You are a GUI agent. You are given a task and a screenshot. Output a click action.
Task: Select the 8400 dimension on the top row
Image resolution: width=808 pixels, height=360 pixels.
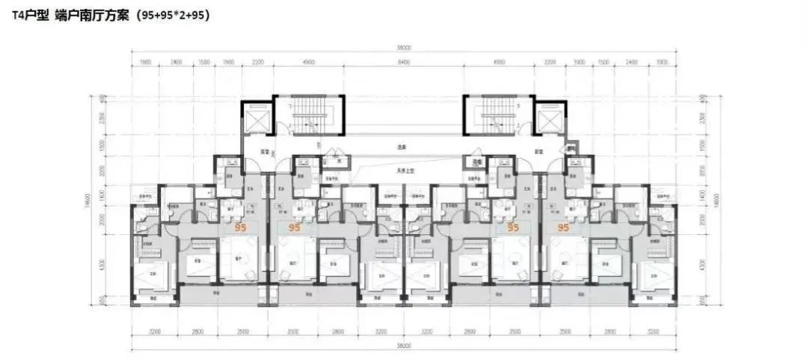pyautogui.click(x=403, y=63)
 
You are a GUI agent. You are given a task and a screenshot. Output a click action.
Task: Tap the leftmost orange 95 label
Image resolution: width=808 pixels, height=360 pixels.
pyautogui.click(x=241, y=226)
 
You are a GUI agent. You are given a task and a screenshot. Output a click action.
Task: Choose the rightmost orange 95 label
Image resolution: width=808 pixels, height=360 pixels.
pyautogui.click(x=563, y=226)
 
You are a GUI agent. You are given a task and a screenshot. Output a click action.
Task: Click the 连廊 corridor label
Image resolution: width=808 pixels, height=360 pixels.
pyautogui.click(x=404, y=147)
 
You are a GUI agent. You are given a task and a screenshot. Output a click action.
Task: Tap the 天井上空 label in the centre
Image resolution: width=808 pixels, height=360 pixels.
pyautogui.click(x=404, y=171)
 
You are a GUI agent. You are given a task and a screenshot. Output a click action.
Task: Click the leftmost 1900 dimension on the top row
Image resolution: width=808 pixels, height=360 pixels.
pyautogui.click(x=145, y=63)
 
